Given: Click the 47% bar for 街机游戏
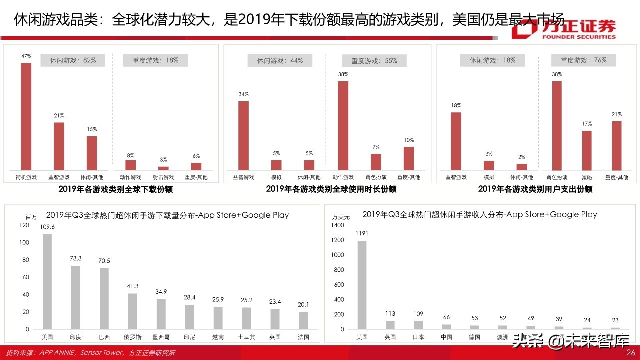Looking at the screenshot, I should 26,116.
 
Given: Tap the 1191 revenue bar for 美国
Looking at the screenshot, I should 362,285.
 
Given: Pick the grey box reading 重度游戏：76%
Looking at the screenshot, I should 583,60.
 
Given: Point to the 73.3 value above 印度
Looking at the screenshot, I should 76,258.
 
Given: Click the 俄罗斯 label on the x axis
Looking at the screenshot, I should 132,337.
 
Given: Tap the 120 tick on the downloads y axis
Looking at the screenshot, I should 24,225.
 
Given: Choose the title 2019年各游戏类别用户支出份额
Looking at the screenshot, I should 535,189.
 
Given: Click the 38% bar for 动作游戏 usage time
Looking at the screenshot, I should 343,125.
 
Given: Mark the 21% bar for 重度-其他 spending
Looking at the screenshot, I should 617,145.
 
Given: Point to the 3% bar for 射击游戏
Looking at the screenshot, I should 163,168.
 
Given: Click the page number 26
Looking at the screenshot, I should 630,353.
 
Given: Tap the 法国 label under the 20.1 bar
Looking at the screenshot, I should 303,337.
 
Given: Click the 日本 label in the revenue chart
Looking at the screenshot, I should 418,337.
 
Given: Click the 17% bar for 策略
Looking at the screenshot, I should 587,150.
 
